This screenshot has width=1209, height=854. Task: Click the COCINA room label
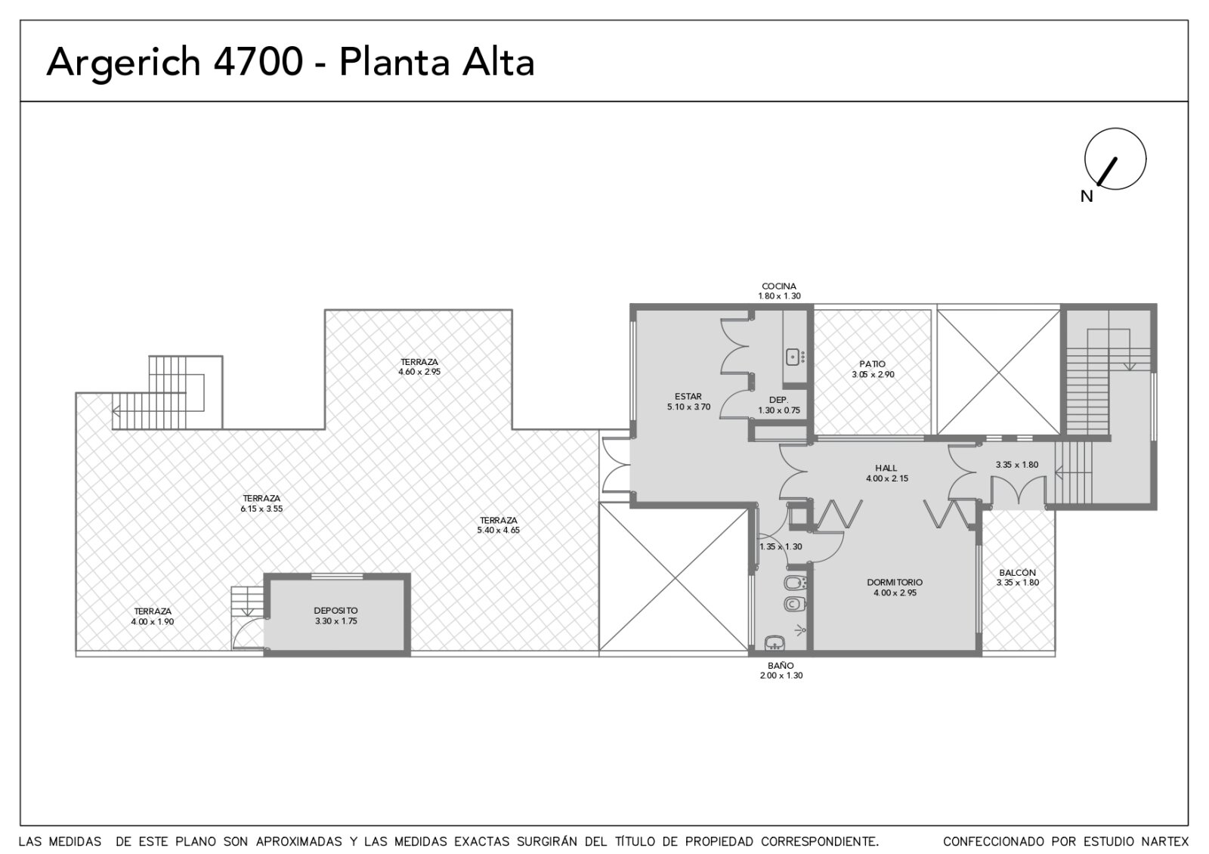point(779,286)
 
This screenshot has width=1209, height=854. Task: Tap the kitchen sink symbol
point(793,357)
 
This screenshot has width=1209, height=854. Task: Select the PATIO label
point(873,364)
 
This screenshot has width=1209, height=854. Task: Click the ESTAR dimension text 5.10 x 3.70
point(688,407)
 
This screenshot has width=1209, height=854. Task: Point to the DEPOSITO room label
point(335,611)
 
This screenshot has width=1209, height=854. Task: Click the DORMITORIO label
point(895,583)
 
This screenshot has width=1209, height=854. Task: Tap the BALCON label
point(1017,573)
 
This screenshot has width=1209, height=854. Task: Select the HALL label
point(886,468)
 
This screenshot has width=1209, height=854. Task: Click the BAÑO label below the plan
point(781,666)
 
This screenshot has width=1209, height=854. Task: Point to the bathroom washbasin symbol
point(775,643)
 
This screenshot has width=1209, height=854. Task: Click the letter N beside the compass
point(1087,196)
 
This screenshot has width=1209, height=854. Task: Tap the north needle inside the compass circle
point(1107,172)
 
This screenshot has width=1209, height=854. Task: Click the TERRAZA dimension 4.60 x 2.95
point(419,372)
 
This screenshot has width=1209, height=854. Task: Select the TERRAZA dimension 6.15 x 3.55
point(261,509)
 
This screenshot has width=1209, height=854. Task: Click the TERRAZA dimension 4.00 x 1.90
point(153,621)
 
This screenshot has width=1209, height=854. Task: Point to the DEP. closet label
point(779,400)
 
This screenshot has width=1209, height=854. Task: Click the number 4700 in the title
point(258,62)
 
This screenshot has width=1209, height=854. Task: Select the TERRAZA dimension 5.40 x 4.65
point(498,531)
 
